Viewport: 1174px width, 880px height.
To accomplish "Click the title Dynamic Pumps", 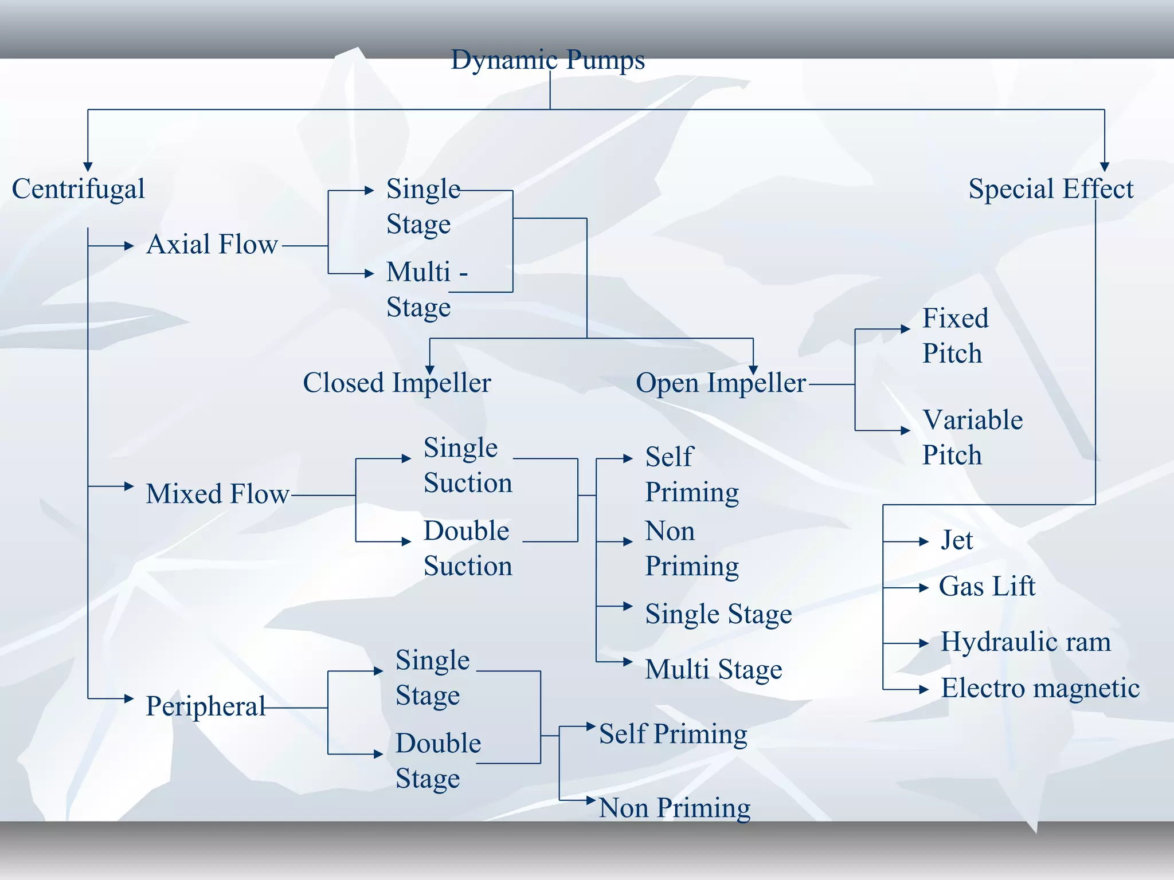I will pos(547,60).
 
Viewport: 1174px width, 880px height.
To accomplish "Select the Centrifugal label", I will pos(79,189).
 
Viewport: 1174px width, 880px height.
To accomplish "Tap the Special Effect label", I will pos(1051,189).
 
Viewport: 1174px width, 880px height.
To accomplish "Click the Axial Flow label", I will pos(212,245).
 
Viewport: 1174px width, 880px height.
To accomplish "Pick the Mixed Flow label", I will pos(217,494).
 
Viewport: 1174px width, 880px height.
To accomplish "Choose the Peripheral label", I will pos(205,706).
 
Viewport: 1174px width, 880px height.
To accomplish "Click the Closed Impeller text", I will pos(397,383).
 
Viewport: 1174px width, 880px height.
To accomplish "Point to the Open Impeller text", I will pos(721,383).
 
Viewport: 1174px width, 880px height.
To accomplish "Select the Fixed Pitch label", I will pos(955,336).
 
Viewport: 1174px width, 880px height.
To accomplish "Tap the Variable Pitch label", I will pos(972,437).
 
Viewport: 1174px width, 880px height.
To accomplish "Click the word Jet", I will pos(957,540).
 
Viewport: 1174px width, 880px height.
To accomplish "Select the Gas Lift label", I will pos(987,587).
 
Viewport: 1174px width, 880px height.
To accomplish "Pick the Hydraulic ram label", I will pos(1026,642).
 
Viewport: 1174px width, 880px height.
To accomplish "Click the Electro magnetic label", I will pos(1040,688).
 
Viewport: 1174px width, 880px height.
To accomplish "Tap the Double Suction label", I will pos(467,548).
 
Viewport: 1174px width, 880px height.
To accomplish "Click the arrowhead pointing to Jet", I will pos(923,541).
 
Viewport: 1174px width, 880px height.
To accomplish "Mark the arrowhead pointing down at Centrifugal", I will pos(88,167).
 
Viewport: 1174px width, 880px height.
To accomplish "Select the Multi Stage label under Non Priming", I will pos(713,669).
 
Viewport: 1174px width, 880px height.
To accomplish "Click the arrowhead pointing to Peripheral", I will pos(129,698).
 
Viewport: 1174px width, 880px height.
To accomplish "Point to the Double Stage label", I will pos(438,761).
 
